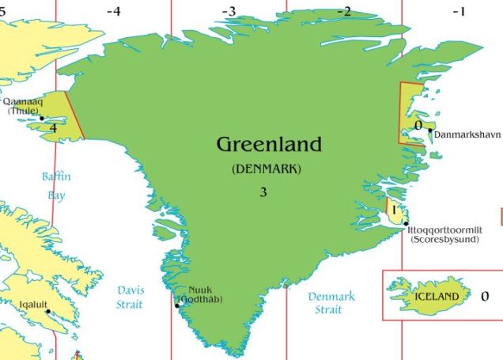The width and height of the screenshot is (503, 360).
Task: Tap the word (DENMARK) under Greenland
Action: click(x=267, y=169)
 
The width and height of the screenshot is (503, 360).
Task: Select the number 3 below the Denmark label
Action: click(x=263, y=192)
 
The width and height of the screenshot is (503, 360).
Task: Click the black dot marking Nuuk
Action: click(x=177, y=305)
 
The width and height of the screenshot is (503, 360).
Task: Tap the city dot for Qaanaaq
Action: click(x=43, y=119)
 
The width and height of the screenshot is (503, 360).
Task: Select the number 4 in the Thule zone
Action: click(x=53, y=127)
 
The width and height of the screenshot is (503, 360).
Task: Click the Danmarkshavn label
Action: click(x=467, y=135)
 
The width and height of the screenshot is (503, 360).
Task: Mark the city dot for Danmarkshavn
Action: click(x=430, y=131)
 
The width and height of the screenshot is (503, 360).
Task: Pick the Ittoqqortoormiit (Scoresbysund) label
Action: click(x=443, y=233)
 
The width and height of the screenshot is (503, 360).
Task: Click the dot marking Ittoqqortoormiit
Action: click(x=406, y=224)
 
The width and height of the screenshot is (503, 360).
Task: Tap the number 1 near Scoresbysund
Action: click(x=393, y=210)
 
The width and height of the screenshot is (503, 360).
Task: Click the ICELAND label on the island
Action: click(x=436, y=297)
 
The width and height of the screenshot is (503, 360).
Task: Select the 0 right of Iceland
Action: click(x=485, y=297)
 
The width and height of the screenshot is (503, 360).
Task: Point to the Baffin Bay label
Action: click(x=56, y=185)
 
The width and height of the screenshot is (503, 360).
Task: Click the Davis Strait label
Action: click(x=130, y=297)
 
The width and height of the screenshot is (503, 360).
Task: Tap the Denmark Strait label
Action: click(x=331, y=302)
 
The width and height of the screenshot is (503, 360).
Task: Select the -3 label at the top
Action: click(x=229, y=11)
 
